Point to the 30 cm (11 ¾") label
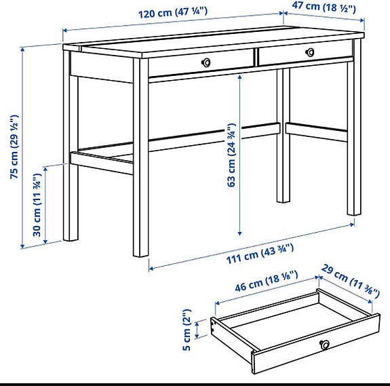pos(39,205)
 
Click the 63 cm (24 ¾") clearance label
pos(231,155)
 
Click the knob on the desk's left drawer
pos(206,62)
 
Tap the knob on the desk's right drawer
pos(310,52)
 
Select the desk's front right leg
pos(354,136)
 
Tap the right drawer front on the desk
pos(305,54)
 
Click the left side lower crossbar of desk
pos(102,162)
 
